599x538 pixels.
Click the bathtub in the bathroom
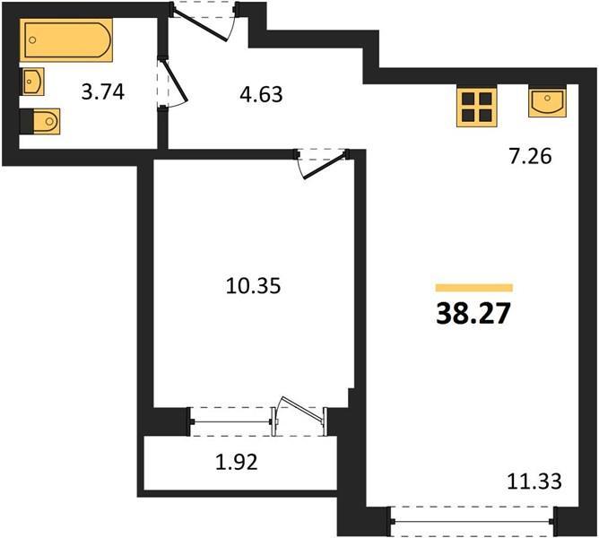click(x=66, y=39)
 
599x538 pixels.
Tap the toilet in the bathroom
click(x=40, y=122)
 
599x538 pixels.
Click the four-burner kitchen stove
click(x=477, y=107)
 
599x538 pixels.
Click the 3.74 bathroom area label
click(x=103, y=92)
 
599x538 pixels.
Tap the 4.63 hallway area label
click(x=261, y=94)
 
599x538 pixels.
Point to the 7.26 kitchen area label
click(x=530, y=156)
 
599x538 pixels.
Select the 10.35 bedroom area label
click(x=253, y=285)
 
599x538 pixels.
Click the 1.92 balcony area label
click(x=237, y=462)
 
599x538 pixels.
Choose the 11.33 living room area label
click(x=534, y=482)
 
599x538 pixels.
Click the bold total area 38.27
click(x=473, y=313)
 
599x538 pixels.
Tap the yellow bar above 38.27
click(x=474, y=288)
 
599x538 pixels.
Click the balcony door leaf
click(x=299, y=414)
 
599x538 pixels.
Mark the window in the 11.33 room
click(x=473, y=521)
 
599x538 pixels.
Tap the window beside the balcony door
click(x=231, y=421)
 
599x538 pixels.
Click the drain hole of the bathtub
click(x=32, y=39)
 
